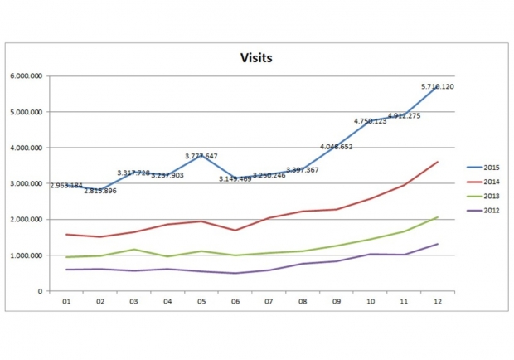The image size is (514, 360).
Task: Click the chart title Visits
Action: [x=257, y=59]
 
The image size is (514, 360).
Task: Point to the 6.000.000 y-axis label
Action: [x=27, y=75]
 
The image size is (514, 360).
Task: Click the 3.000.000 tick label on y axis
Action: [x=27, y=183]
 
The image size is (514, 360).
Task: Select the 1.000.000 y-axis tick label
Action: [x=27, y=255]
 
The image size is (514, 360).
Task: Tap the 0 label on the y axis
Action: [x=41, y=291]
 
